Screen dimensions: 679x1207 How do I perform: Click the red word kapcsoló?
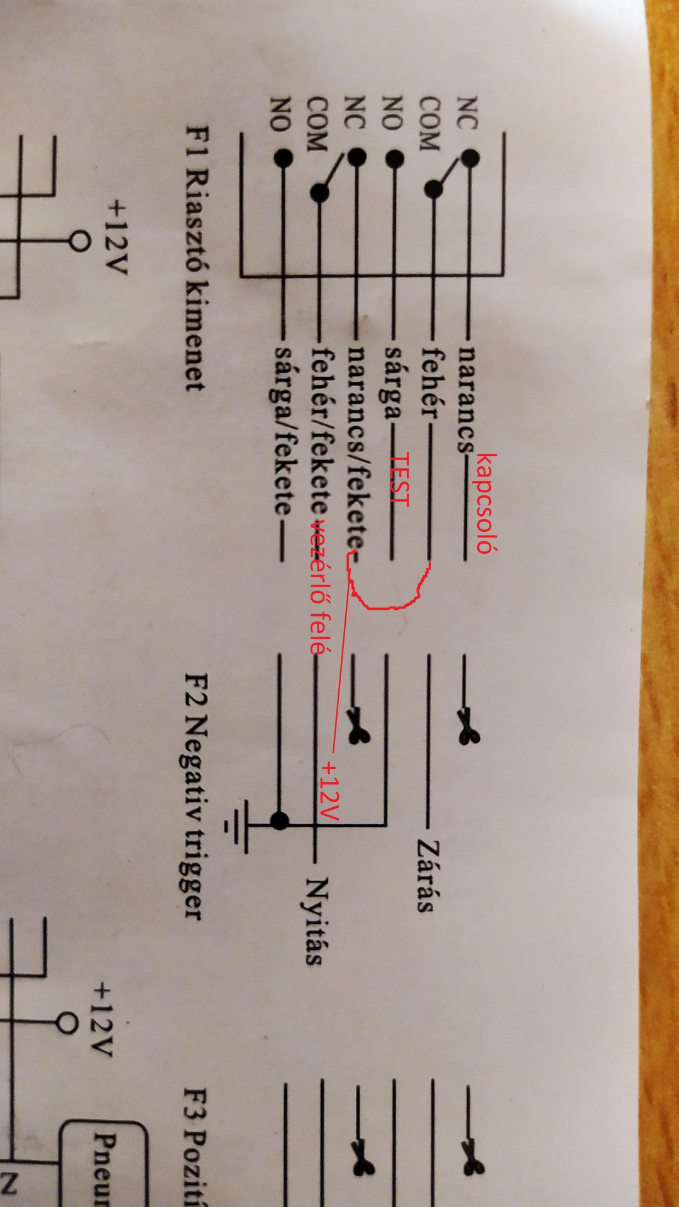click(487, 503)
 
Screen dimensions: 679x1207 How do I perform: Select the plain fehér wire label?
click(431, 383)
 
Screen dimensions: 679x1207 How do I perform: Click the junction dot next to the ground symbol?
click(280, 820)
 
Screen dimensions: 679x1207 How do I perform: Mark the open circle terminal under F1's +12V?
click(79, 241)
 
